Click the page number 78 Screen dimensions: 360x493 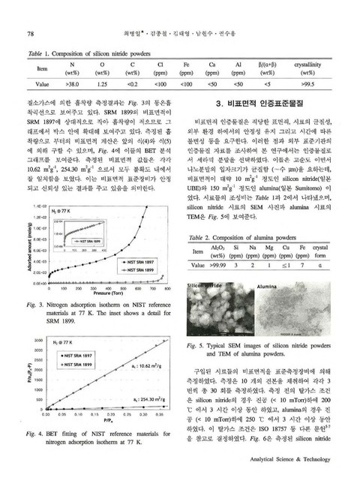(31, 34)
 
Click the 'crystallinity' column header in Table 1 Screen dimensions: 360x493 (307, 65)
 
